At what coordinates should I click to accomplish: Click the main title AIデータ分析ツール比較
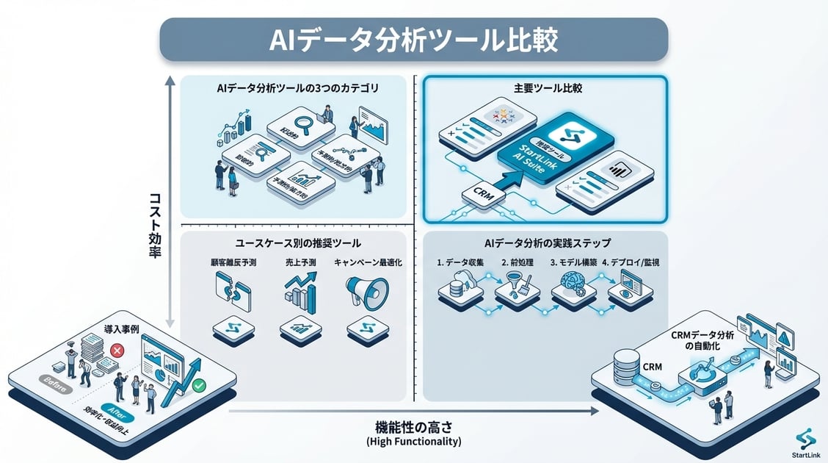pos(413,40)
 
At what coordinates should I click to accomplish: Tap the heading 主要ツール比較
pos(545,88)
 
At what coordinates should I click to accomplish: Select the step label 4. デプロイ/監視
pos(630,262)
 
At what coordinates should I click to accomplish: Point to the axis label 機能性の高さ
pos(413,426)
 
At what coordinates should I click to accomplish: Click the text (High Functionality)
pos(413,442)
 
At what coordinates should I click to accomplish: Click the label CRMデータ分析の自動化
pos(701,340)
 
